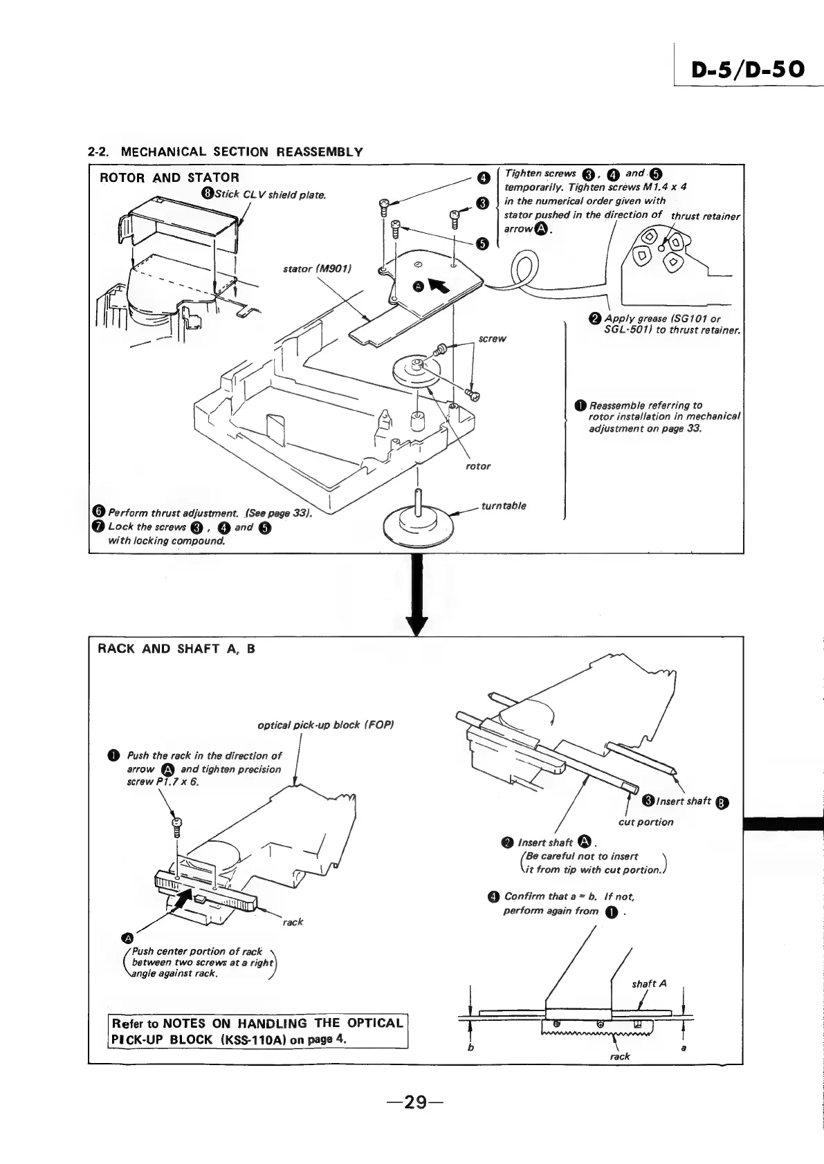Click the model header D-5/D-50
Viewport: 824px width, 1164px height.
click(x=747, y=69)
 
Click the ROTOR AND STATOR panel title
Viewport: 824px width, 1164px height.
click(x=170, y=178)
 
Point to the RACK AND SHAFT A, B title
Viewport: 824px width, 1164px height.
click(x=176, y=649)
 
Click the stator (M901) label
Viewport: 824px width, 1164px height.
click(x=318, y=268)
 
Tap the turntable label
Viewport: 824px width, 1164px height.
click(x=504, y=506)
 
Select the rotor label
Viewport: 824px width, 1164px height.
click(x=478, y=466)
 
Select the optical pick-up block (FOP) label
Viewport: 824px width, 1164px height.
click(x=325, y=725)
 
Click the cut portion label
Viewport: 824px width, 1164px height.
click(x=646, y=822)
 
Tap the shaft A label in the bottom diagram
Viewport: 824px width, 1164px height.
click(x=649, y=983)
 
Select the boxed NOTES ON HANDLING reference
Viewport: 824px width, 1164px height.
click(x=257, y=1031)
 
